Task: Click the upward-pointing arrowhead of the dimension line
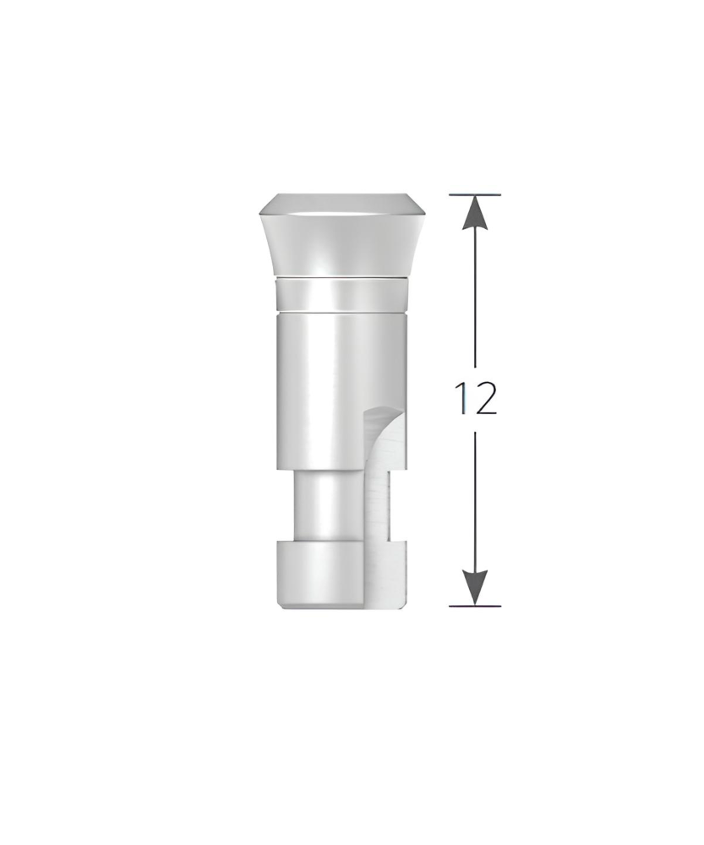click(475, 212)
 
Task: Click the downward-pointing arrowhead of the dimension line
click(475, 587)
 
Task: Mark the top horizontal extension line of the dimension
click(475, 194)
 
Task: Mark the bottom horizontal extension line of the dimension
click(475, 606)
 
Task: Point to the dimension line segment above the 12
click(475, 298)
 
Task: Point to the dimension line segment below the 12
click(475, 501)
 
